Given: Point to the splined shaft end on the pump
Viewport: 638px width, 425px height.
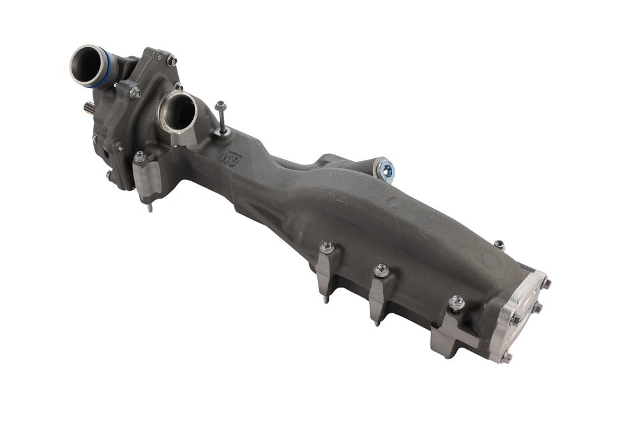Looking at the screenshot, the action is click(x=89, y=108).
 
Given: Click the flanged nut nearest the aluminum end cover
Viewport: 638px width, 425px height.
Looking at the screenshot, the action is click(x=457, y=302).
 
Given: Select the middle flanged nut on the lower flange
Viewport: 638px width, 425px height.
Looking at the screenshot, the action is click(x=381, y=270).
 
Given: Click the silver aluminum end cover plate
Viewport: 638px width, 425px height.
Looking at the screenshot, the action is click(x=522, y=315).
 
